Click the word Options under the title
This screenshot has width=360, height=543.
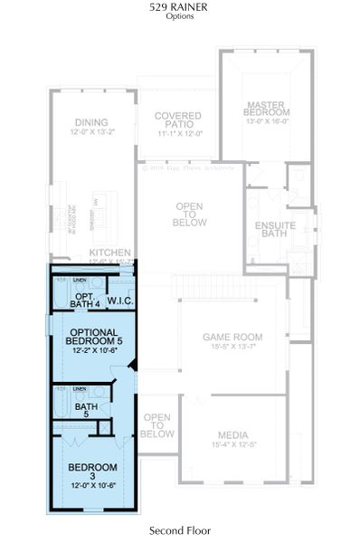(x=179, y=16)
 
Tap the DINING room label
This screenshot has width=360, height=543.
(x=91, y=122)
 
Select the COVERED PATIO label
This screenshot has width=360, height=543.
(x=176, y=121)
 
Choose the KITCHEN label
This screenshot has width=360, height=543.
(x=110, y=252)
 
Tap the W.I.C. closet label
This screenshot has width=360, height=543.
(x=121, y=300)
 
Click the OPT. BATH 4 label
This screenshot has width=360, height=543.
(x=85, y=300)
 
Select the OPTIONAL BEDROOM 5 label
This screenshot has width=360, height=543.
(x=91, y=337)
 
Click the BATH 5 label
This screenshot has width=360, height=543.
(x=87, y=412)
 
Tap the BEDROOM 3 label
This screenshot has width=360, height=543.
(x=93, y=471)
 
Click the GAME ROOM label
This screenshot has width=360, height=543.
(x=233, y=337)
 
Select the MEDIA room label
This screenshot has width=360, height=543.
(x=233, y=435)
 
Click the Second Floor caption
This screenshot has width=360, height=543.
(x=179, y=530)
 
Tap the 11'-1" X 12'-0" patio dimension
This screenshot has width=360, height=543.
(x=176, y=133)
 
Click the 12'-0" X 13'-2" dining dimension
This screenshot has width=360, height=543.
(x=91, y=133)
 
